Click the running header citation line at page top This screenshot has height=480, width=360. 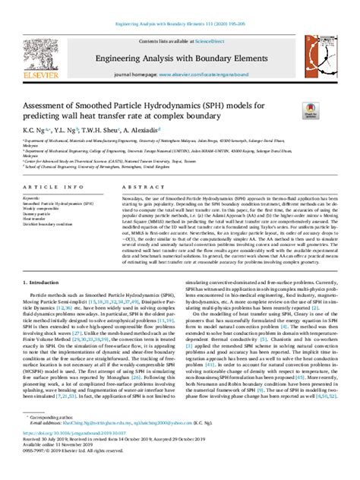tap(179, 5)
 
